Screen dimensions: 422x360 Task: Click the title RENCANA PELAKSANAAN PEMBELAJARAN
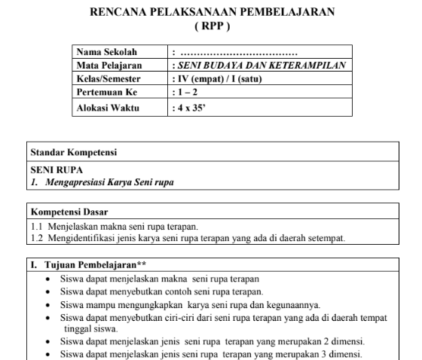213,13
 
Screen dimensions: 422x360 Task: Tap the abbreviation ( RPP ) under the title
212,26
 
